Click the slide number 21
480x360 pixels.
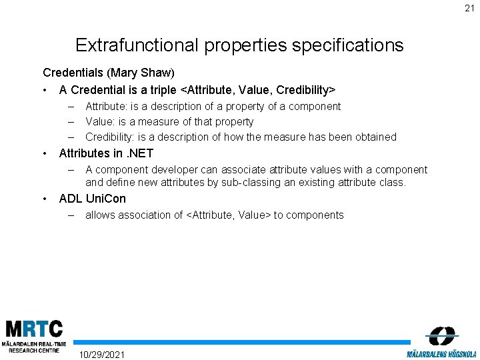coord(470,8)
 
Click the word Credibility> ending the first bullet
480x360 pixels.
coord(303,89)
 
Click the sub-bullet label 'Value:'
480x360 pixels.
coord(101,122)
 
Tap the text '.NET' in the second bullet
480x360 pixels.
coord(141,153)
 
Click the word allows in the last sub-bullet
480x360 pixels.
coord(100,215)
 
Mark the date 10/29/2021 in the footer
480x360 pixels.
coord(101,354)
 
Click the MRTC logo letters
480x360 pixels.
coord(34,329)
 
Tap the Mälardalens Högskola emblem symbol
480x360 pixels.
coord(442,335)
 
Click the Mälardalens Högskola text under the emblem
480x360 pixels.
coord(441,353)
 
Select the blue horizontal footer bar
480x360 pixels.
coord(240,342)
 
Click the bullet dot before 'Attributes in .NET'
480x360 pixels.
coord(45,153)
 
